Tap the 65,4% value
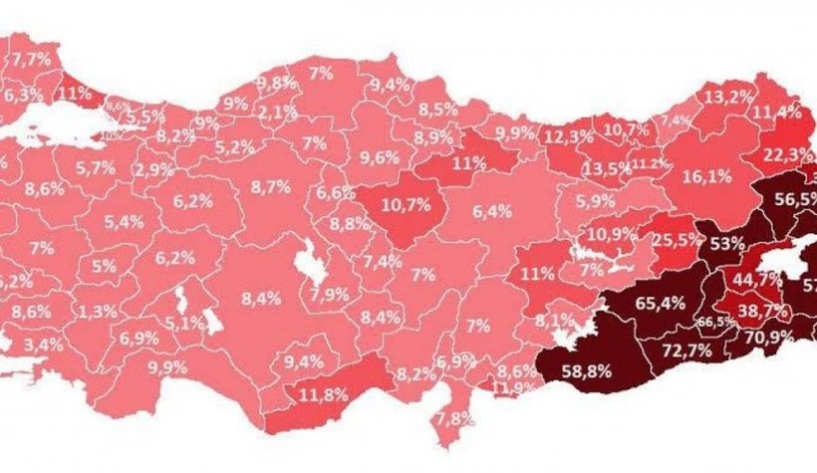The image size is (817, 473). click(x=661, y=303)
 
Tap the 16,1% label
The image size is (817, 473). click(x=707, y=175)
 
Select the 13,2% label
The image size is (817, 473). click(x=724, y=97)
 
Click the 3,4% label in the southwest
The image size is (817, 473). click(x=44, y=345)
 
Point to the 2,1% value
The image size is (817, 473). click(x=271, y=112)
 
